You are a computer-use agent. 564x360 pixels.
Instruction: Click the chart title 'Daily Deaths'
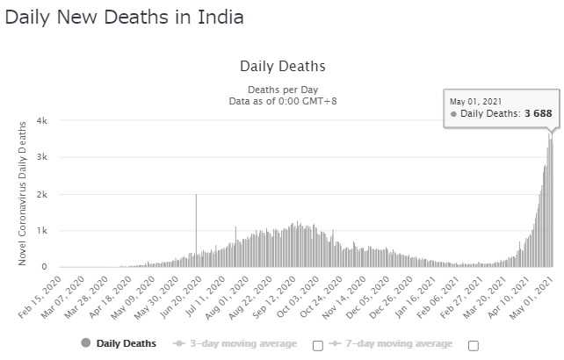[x=282, y=67]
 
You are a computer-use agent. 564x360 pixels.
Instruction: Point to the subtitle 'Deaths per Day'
[x=282, y=90]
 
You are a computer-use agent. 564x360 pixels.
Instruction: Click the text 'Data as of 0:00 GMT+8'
[x=282, y=102]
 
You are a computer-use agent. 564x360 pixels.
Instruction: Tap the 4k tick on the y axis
[x=42, y=121]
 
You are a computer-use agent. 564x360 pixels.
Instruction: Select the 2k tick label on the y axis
[x=42, y=194]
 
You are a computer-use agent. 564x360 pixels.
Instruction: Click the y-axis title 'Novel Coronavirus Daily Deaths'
[x=22, y=193]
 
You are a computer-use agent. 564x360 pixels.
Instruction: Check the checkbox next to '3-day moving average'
[x=318, y=344]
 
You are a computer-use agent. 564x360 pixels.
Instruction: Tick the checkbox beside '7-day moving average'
[x=474, y=344]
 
